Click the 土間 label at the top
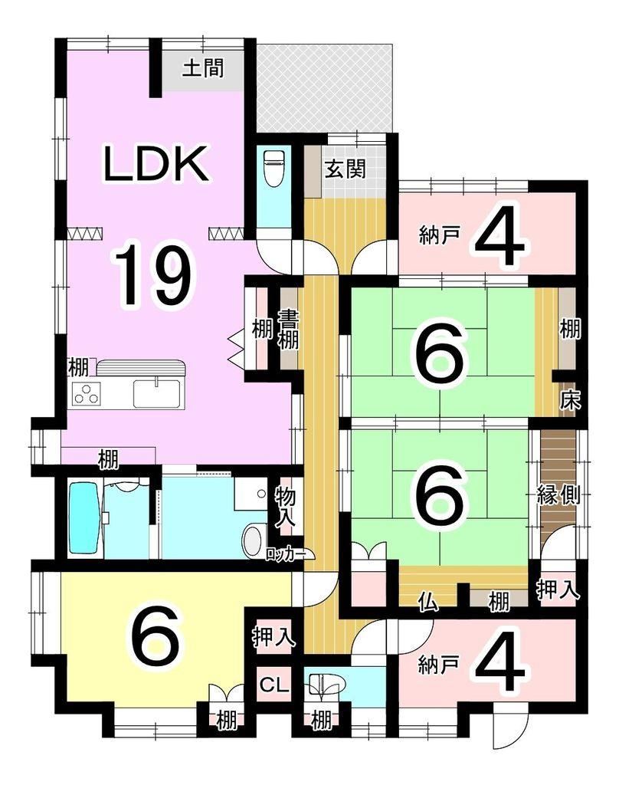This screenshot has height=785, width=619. (203, 67)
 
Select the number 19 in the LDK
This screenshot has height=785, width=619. (152, 273)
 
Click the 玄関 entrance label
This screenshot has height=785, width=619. (346, 169)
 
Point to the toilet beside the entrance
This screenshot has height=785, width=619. (273, 168)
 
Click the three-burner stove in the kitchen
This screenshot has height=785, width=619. (87, 393)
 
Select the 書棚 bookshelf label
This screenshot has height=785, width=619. (288, 330)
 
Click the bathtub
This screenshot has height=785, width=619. (84, 517)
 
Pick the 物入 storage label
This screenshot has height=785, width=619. (285, 507)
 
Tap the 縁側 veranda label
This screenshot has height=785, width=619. (558, 495)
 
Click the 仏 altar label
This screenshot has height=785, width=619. (428, 601)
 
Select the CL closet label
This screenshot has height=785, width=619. (273, 684)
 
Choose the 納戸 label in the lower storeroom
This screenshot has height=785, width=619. (438, 666)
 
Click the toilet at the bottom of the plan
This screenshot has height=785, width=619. (326, 684)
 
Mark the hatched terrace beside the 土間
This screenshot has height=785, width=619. (324, 89)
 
